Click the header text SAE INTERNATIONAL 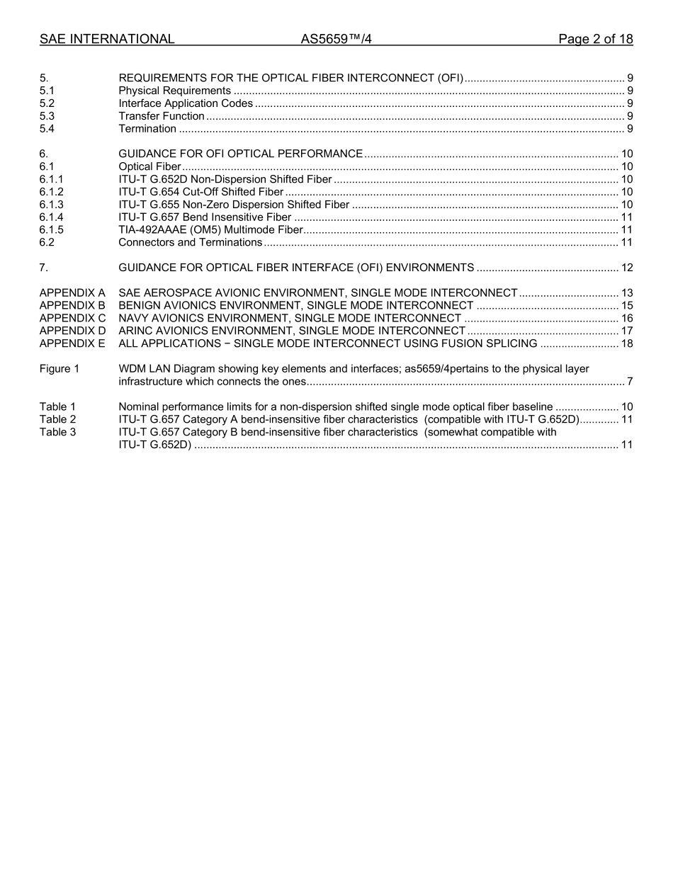pos(107,39)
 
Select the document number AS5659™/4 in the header pos(336,39)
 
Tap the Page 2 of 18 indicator pos(595,39)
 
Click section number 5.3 pos(47,116)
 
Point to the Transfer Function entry pos(162,116)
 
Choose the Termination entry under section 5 pos(147,129)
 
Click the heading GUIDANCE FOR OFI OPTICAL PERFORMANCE pos(241,154)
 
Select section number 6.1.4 pos(52,217)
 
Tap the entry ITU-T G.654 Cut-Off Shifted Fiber pos(201,192)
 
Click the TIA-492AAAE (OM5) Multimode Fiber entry pos(211,230)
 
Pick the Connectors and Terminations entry pos(191,243)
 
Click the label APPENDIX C pos(72,319)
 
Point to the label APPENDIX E pos(72,344)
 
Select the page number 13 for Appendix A pos(627,293)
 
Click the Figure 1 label pos(60,369)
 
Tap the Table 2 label pos(57,420)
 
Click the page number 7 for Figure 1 pos(630,382)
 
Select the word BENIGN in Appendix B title pos(140,306)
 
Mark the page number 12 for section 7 pos(627,268)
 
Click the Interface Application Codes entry pos(186,103)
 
